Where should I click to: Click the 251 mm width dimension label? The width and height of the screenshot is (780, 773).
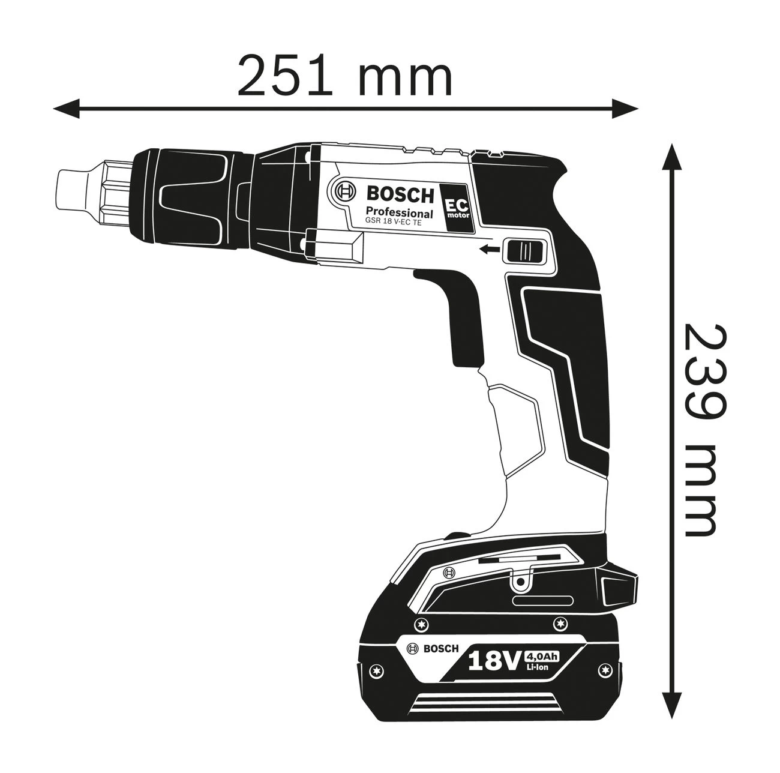tap(345, 76)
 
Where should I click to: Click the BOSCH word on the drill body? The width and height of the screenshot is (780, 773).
tap(400, 194)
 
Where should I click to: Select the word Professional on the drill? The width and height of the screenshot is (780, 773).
tap(400, 212)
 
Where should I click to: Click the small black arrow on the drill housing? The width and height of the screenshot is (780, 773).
tap(489, 250)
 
